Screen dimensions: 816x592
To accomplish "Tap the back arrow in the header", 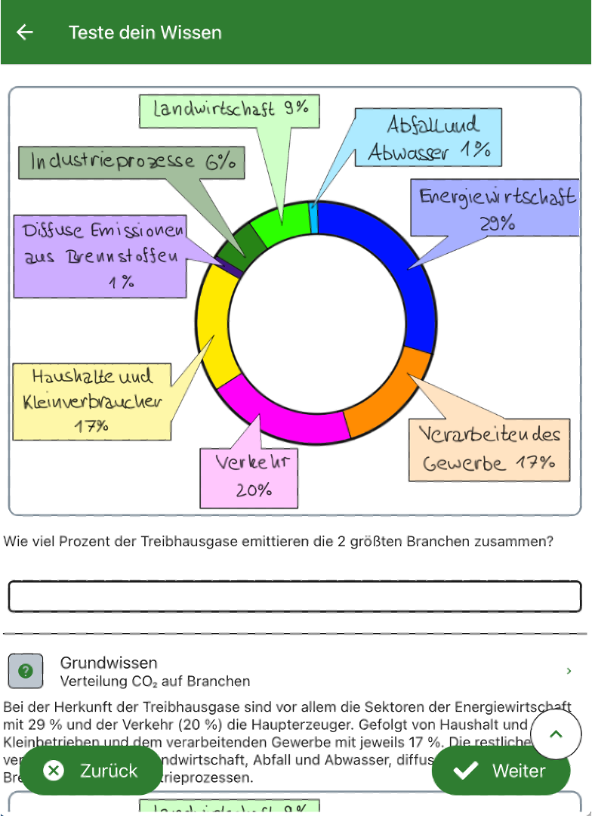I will coord(25,32).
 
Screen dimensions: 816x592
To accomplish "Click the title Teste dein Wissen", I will coord(145,32).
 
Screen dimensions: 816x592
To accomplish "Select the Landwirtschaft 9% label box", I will coord(230,110).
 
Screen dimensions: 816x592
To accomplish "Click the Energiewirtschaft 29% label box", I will coord(496,208).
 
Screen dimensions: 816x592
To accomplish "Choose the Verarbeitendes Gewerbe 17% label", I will coord(489,450).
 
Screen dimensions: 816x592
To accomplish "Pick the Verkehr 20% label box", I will coord(248,477).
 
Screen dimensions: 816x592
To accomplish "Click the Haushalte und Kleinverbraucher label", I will coord(92,400).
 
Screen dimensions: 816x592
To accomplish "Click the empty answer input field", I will coord(295,596).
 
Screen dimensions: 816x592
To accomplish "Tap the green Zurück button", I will coord(91,771).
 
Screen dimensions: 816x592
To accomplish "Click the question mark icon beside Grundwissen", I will coord(25,671).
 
